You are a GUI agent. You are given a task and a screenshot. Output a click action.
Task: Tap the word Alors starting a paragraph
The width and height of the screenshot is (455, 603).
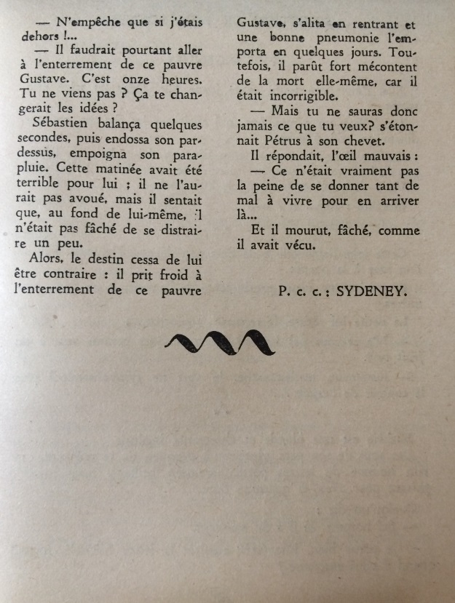click(x=52, y=258)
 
